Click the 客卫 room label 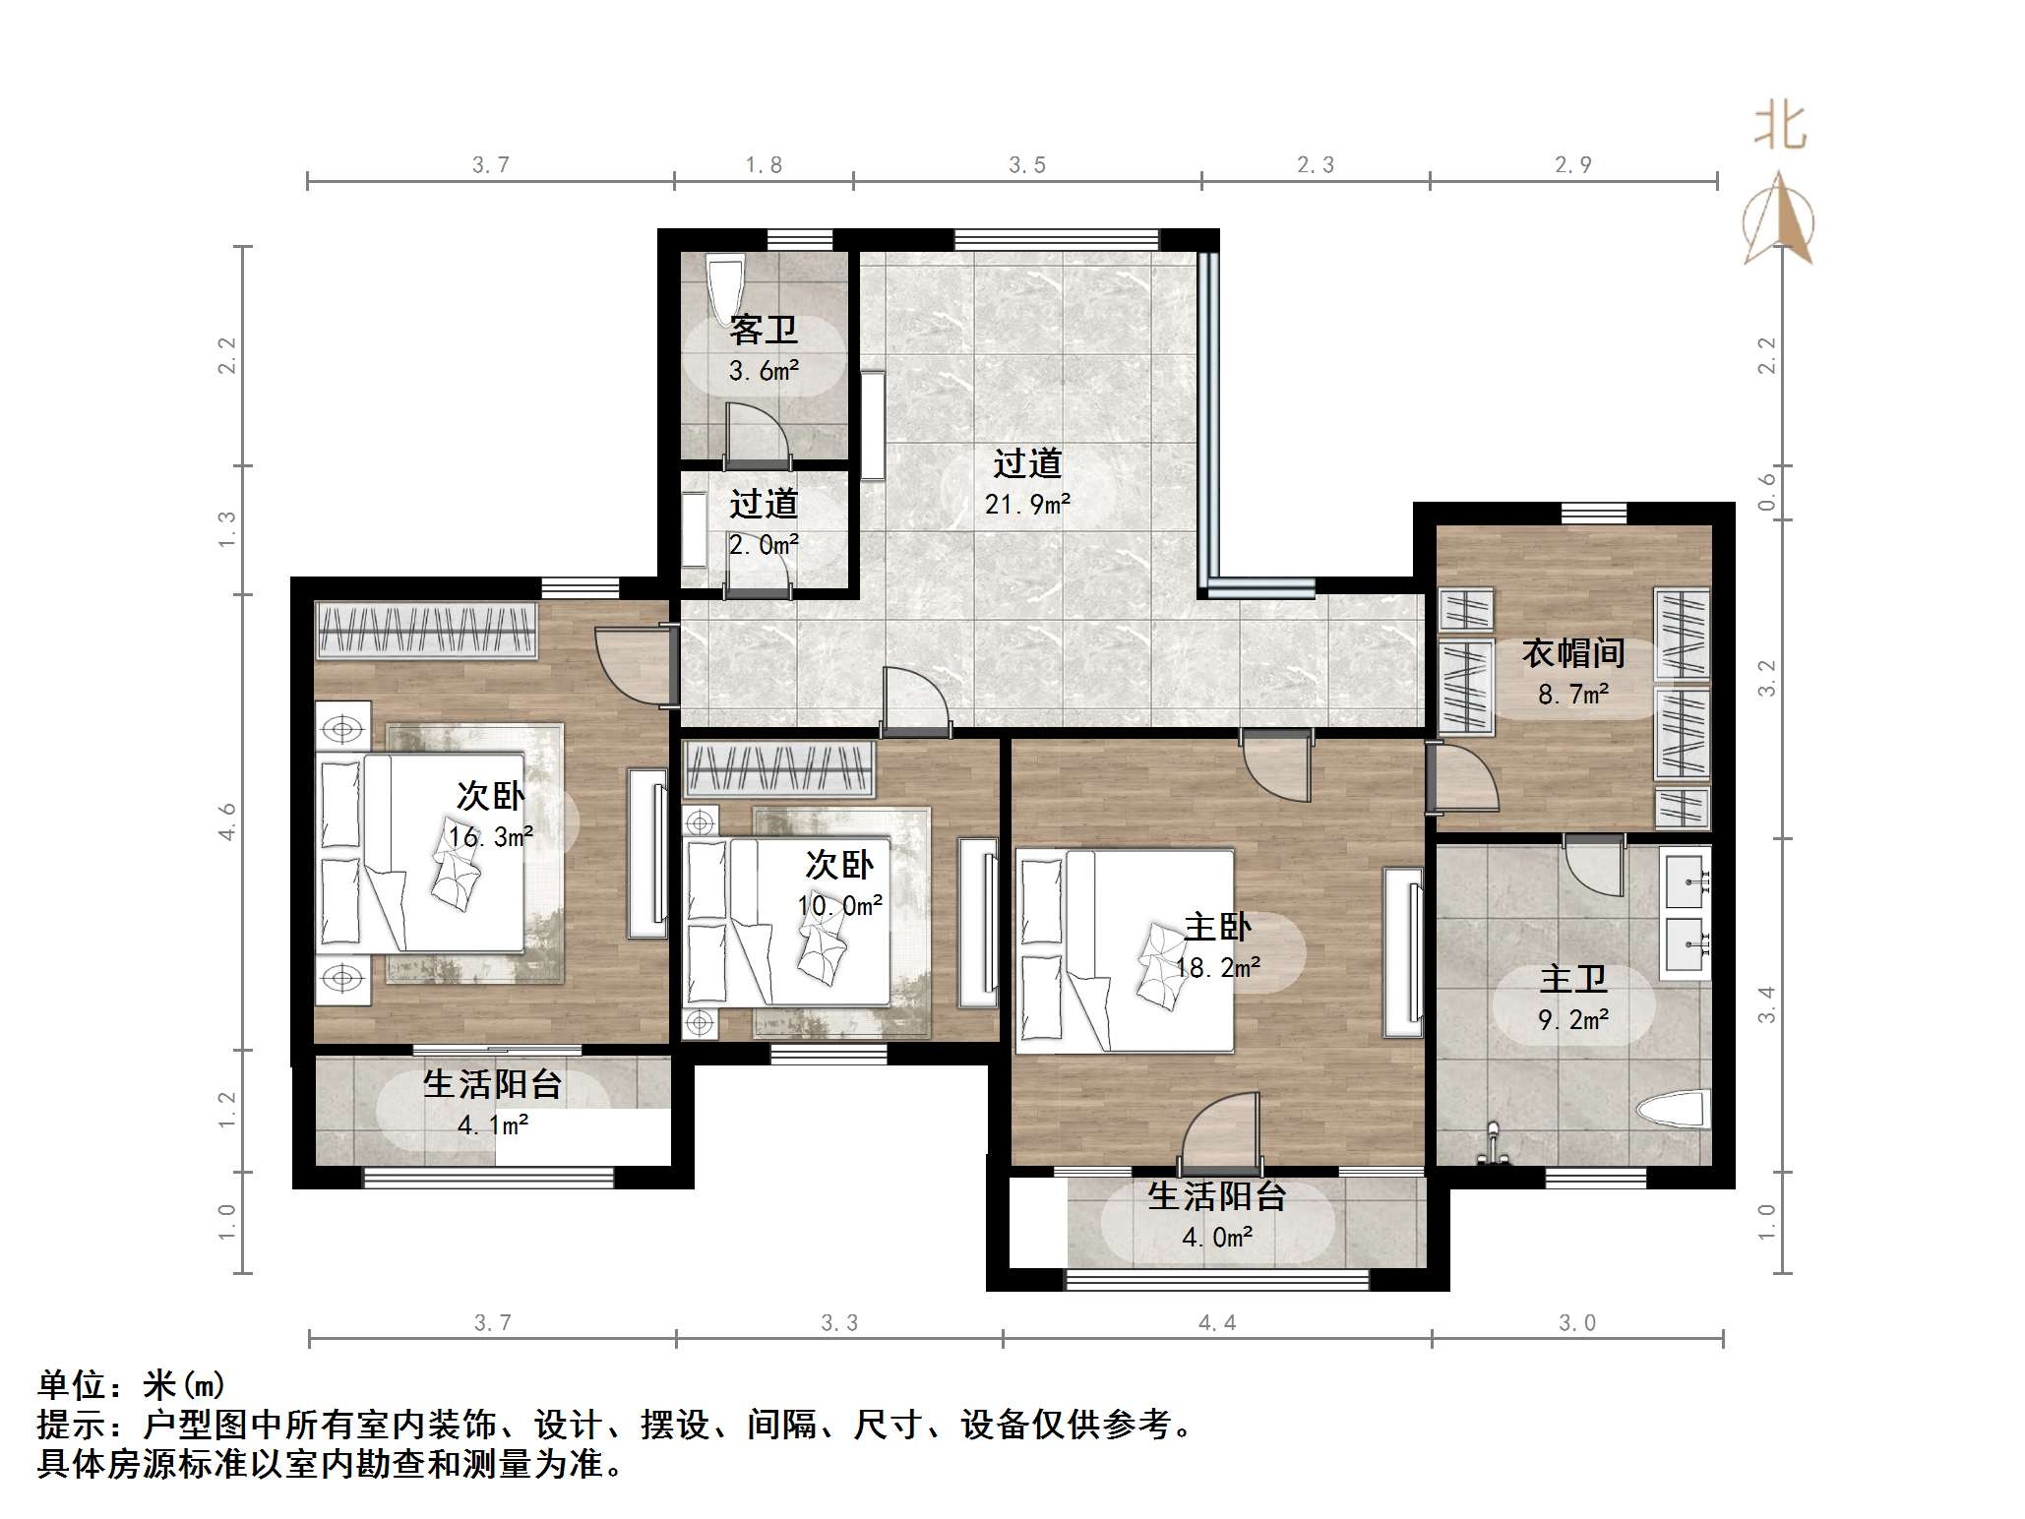pos(764,331)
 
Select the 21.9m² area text pos(1027,505)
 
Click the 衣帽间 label pos(1572,653)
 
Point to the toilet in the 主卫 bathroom pos(1672,1111)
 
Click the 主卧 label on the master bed pos(1217,927)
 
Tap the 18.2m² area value pos(1218,968)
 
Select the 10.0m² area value pos(839,905)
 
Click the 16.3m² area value pos(490,837)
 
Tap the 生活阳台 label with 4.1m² pos(492,1084)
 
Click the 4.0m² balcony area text pos(1217,1238)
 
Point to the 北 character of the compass pos(1779,127)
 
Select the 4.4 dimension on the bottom pos(1217,1323)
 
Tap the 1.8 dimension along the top pos(764,165)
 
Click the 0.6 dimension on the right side pos(1767,492)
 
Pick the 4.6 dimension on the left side pos(227,821)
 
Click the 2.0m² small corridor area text pos(764,545)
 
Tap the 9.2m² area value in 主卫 pos(1572,1020)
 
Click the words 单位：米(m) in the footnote pos(132,1385)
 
